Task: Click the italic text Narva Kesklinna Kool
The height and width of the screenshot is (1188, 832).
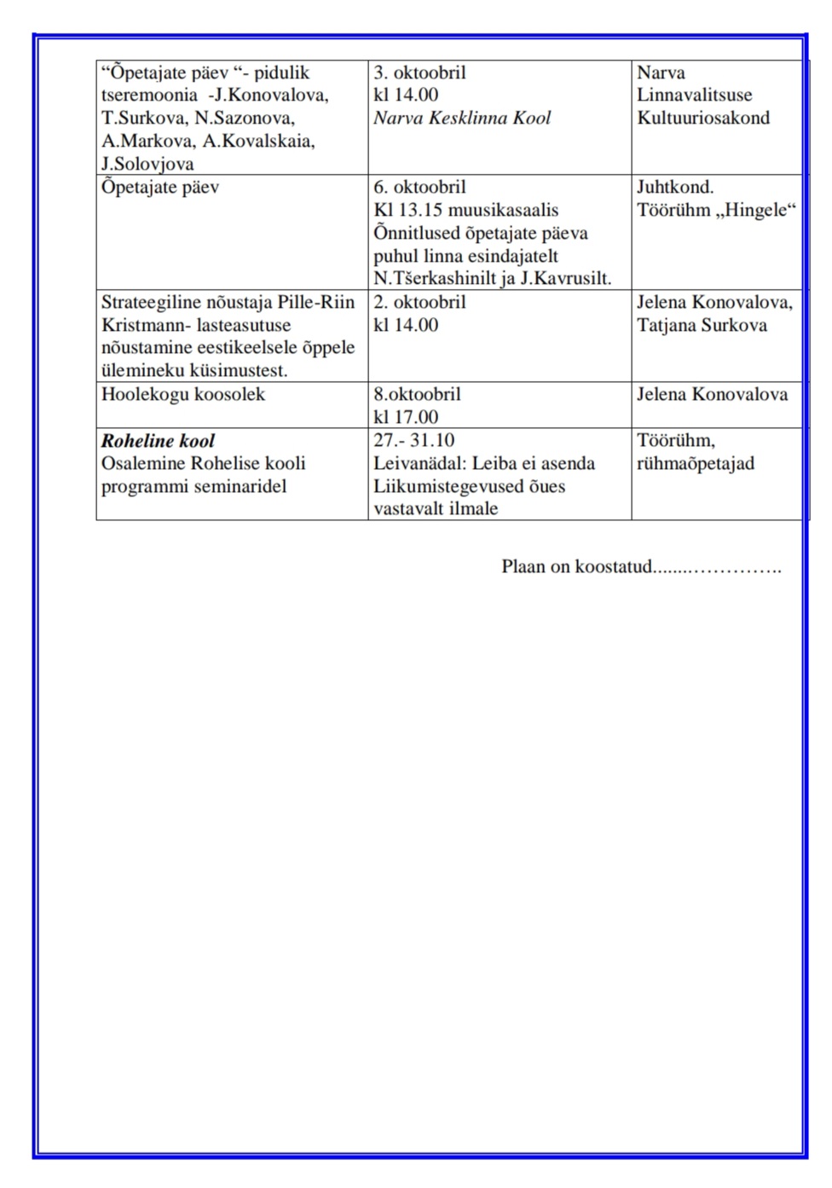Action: pyautogui.click(x=462, y=118)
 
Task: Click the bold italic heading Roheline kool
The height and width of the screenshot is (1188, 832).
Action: pyautogui.click(x=158, y=441)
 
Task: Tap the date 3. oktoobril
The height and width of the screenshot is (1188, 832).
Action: pyautogui.click(x=419, y=72)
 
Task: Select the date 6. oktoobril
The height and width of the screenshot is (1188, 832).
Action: pyautogui.click(x=419, y=187)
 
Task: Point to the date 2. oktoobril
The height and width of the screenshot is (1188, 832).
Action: pyautogui.click(x=419, y=302)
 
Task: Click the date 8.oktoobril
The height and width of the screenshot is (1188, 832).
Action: pyautogui.click(x=417, y=394)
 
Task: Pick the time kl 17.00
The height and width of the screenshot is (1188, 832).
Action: pyautogui.click(x=406, y=417)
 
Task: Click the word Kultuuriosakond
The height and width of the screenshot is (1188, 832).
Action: pyautogui.click(x=703, y=118)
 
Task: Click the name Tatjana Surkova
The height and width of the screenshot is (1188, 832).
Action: pyautogui.click(x=702, y=325)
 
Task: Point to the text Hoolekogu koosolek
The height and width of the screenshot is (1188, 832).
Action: pyautogui.click(x=183, y=394)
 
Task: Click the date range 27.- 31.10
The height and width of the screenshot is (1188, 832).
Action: pyautogui.click(x=414, y=440)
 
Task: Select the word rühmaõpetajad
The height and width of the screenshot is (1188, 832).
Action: pyautogui.click(x=696, y=463)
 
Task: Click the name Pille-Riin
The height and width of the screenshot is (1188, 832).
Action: pyautogui.click(x=316, y=302)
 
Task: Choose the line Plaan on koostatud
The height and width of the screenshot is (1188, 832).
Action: pyautogui.click(x=577, y=566)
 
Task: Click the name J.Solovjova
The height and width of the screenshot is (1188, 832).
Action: pyautogui.click(x=147, y=164)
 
